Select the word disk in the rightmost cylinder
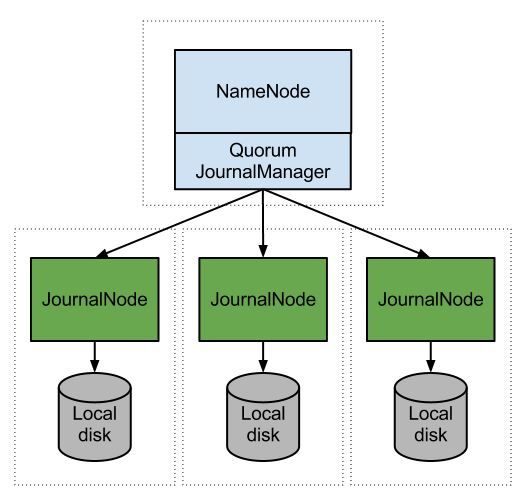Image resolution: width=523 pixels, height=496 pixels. tap(429, 433)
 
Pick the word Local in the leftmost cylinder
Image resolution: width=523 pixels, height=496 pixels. tap(94, 413)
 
